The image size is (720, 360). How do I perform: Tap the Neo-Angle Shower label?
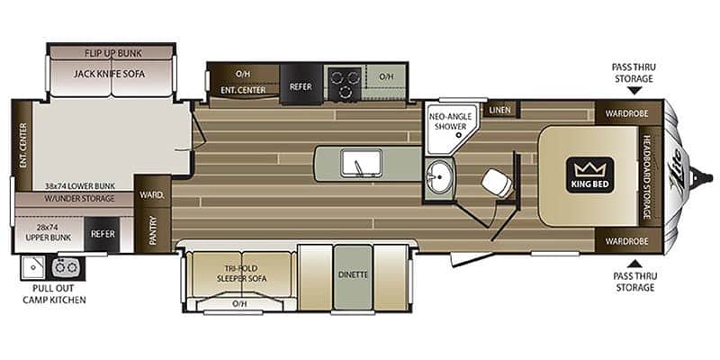pyautogui.click(x=450, y=121)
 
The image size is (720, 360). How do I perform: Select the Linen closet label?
pyautogui.click(x=500, y=110)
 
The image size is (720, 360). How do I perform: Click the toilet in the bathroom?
pyautogui.click(x=497, y=184)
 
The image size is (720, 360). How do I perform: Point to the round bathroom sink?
pyautogui.click(x=439, y=175)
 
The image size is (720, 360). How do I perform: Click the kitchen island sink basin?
pyautogui.click(x=361, y=163)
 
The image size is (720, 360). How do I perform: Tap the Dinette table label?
pyautogui.click(x=353, y=274)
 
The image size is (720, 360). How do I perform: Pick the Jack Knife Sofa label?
pyautogui.click(x=109, y=74)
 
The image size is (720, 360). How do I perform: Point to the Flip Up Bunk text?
pyautogui.click(x=113, y=53)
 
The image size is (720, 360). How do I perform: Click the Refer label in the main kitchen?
pyautogui.click(x=301, y=86)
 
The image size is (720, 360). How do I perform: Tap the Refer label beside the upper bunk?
pyautogui.click(x=103, y=234)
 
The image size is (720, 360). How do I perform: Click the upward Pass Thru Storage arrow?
pyautogui.click(x=634, y=264)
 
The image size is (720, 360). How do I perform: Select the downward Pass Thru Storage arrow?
pyautogui.click(x=634, y=91)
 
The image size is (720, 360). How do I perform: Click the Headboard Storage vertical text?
pyautogui.click(x=646, y=176)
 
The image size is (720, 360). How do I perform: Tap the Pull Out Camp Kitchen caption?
pyautogui.click(x=58, y=294)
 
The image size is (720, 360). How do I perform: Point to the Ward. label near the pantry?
pyautogui.click(x=152, y=195)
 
